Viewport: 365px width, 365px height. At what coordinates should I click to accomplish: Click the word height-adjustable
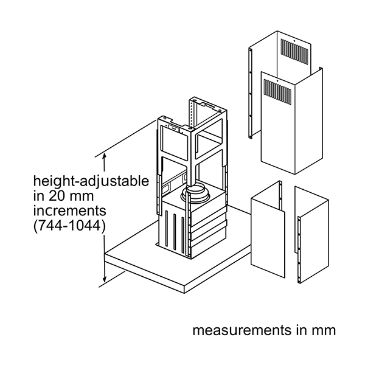[91, 181]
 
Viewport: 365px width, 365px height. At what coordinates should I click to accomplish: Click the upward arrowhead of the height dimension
[106, 157]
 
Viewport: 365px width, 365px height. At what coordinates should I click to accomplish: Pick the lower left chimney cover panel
[268, 231]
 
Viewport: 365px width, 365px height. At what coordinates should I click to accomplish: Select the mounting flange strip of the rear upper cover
[251, 91]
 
